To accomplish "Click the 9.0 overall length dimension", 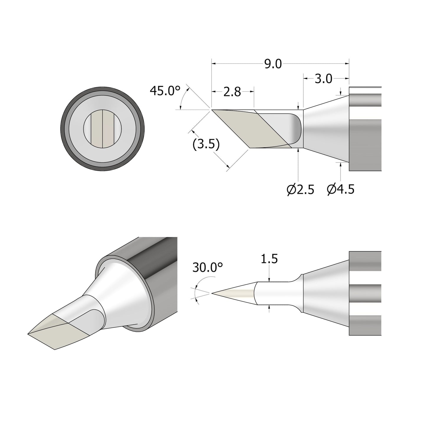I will pos(273,64).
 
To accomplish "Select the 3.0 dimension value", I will pos(323,79).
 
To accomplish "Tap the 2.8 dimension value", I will pos(232,92).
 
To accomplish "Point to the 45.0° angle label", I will pos(165,91).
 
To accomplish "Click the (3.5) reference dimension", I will pos(206,145).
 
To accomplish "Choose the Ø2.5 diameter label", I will pos(300,190).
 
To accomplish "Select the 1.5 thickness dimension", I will pos(269,259).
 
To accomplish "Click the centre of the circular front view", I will pos(102,129).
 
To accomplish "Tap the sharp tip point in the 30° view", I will pos(212,293).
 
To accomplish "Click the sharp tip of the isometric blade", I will pos(28,334).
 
